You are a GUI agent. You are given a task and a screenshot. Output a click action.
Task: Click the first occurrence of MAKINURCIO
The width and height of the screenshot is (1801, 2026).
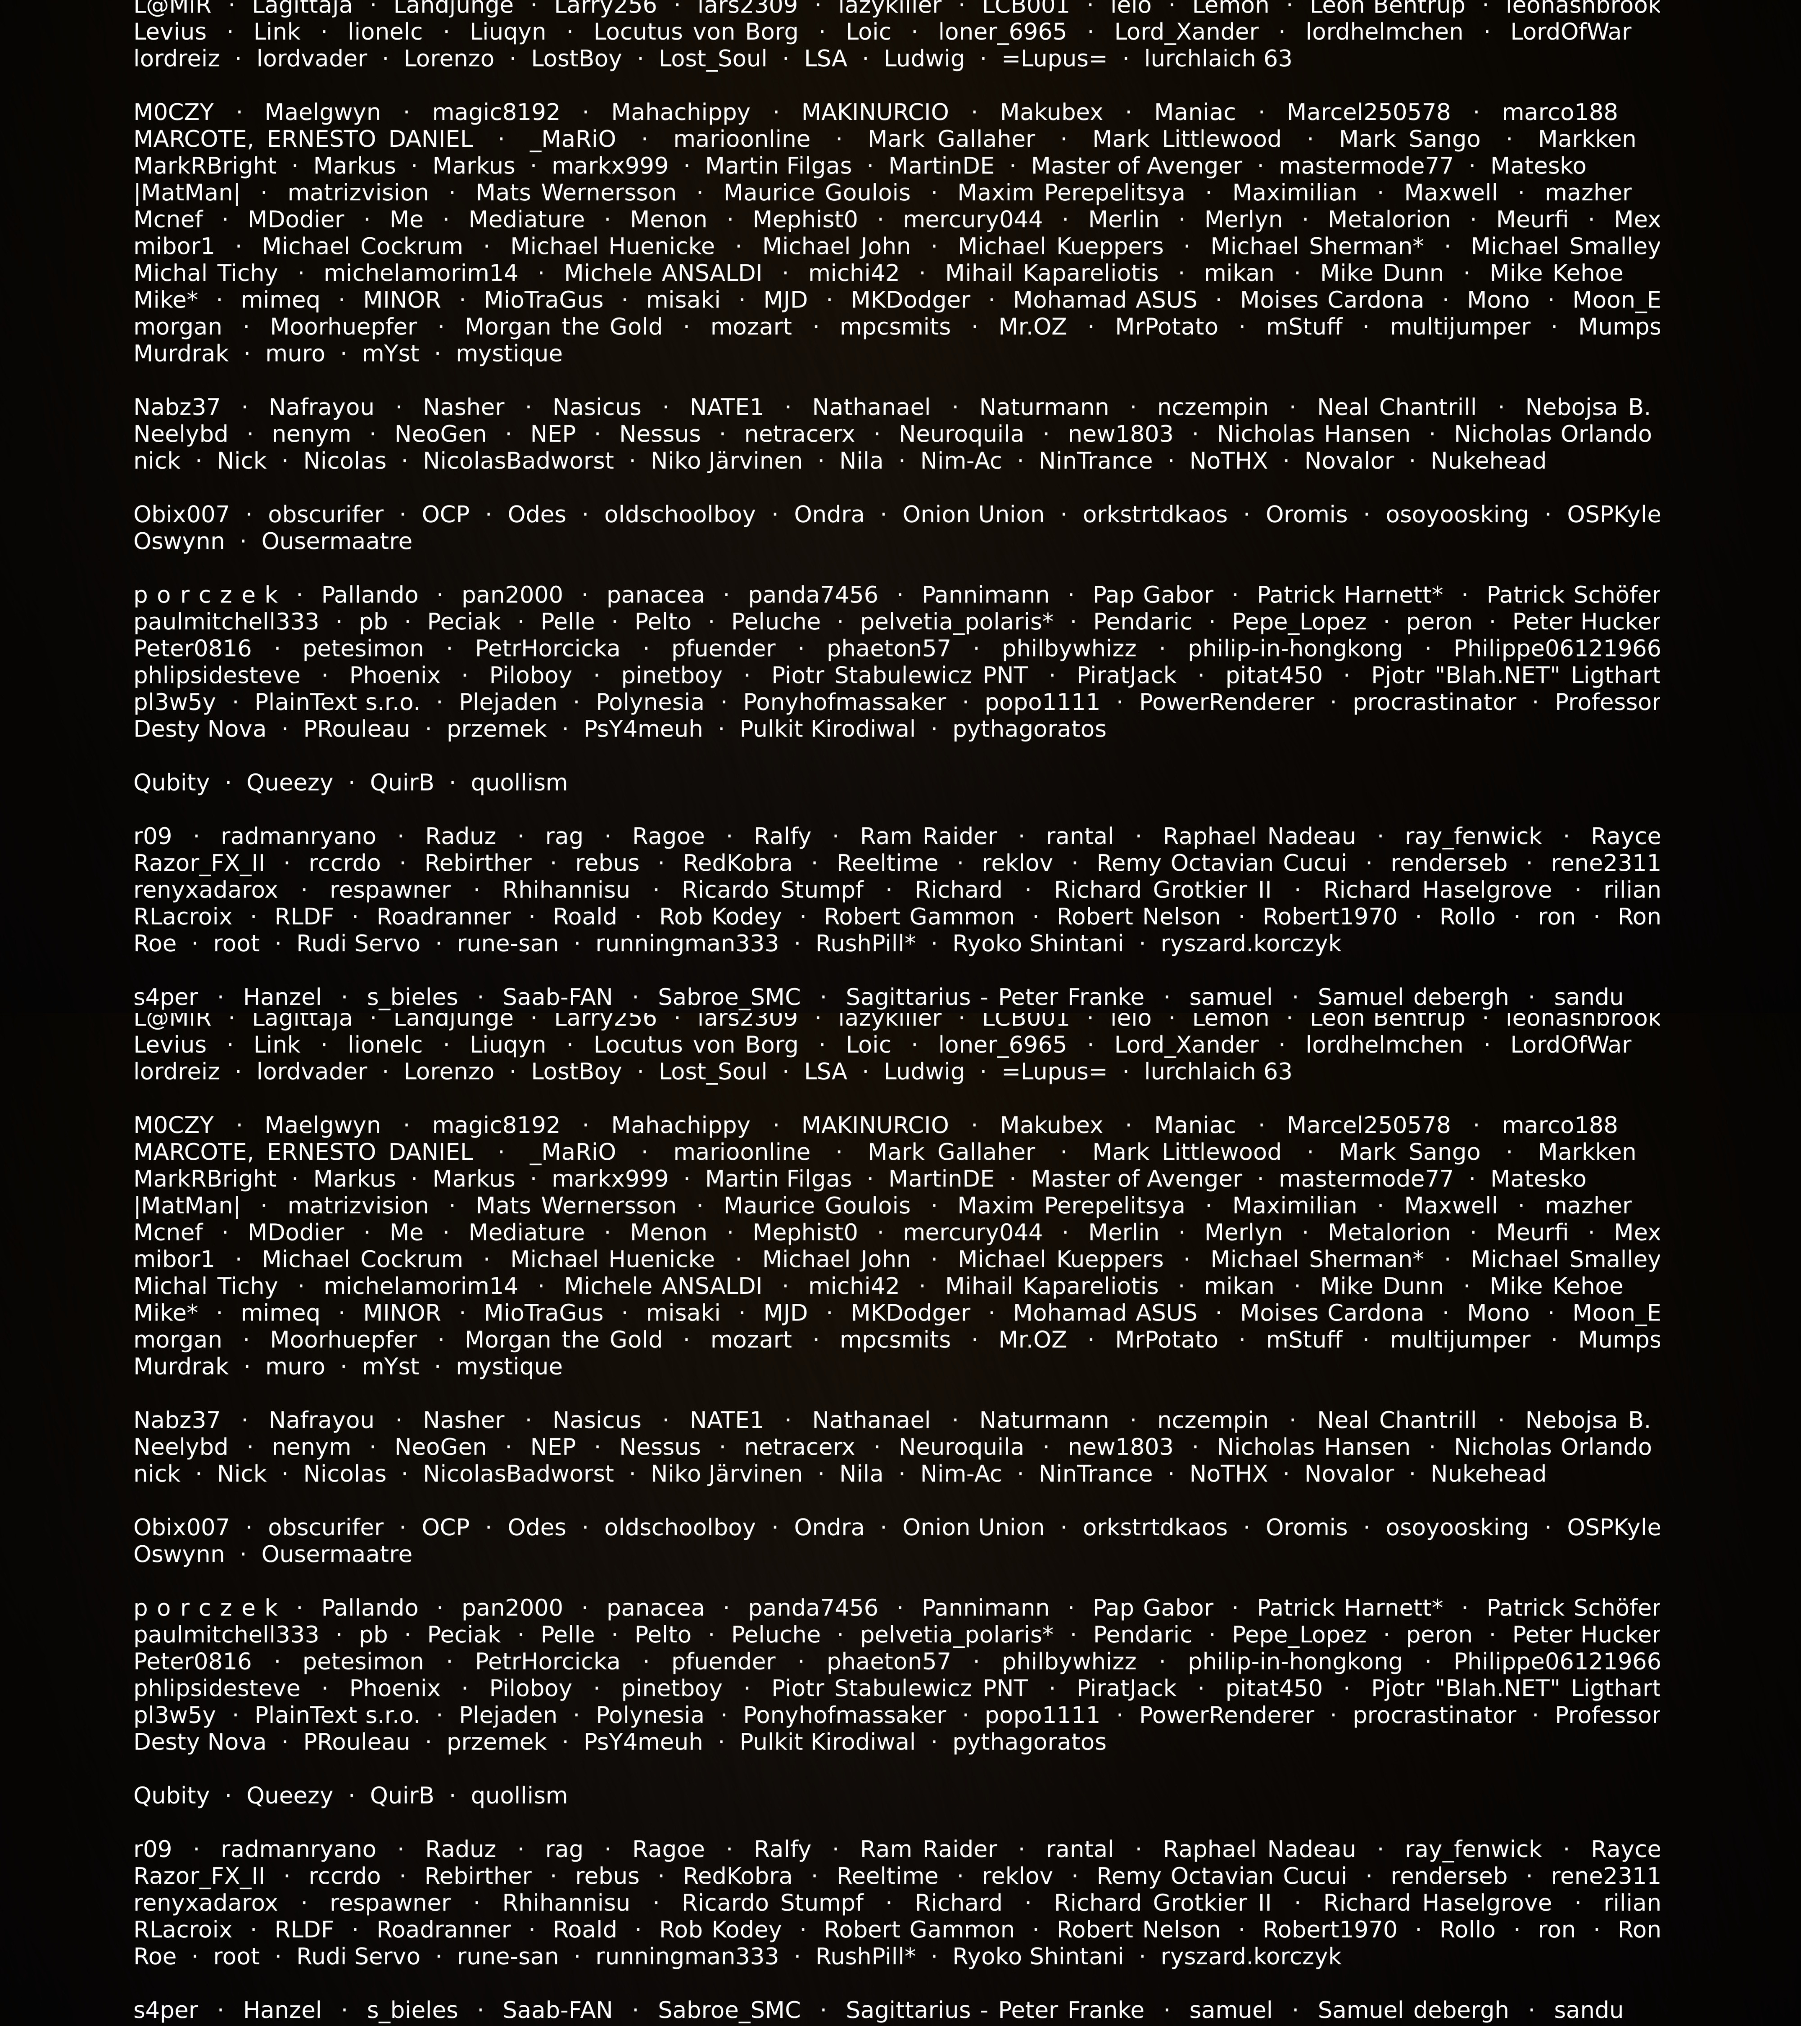point(874,113)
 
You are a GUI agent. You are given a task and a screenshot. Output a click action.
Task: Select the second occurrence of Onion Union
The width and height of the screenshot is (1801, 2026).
point(973,1528)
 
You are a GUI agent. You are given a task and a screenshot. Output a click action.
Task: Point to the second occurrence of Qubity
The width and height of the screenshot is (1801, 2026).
point(172,1795)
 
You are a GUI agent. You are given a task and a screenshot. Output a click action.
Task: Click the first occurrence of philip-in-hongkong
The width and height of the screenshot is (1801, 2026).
point(1294,649)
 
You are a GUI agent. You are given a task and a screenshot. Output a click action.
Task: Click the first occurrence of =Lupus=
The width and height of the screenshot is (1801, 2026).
point(1054,59)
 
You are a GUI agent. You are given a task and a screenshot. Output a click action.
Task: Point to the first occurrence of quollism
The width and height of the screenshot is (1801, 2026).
point(518,783)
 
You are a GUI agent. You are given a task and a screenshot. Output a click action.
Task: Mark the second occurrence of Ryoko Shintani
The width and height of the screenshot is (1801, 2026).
point(1038,1957)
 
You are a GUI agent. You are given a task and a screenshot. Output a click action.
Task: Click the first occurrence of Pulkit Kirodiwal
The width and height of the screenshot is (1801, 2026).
point(827,729)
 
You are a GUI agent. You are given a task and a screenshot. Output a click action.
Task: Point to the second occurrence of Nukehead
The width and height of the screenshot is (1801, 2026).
point(1488,1474)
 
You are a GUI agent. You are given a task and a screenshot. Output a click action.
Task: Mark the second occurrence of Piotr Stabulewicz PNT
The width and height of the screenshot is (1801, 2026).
point(899,1688)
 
